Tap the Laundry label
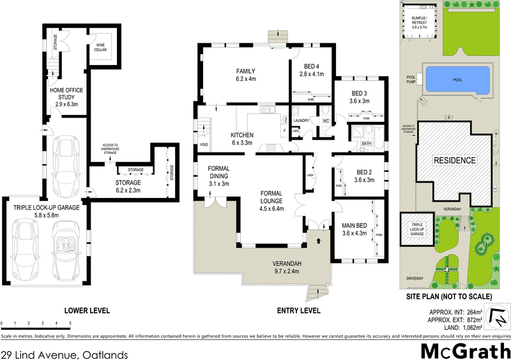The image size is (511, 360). coord(301,120)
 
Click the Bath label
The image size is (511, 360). coord(366,144)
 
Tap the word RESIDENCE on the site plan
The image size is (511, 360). coord(455,160)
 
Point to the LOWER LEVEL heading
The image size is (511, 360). coord(87,310)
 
